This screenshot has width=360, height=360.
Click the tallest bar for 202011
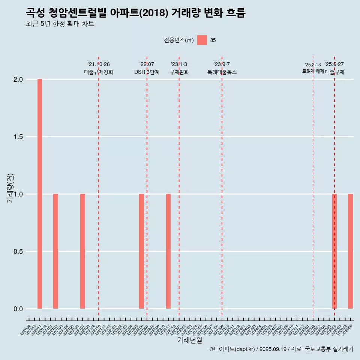point(40,194)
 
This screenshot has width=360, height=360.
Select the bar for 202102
point(55,251)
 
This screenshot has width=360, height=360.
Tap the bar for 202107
point(82,251)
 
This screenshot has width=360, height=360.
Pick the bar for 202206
point(141,251)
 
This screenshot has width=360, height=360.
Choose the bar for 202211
point(168,251)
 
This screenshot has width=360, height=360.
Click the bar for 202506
point(334,251)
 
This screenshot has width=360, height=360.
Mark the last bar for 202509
point(350,251)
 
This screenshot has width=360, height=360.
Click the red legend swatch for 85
point(202,40)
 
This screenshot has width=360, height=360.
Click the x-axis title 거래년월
point(189,340)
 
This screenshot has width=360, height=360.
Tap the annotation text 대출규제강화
point(99,72)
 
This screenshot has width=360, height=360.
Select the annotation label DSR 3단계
point(147,72)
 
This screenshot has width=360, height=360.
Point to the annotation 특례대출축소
point(222,72)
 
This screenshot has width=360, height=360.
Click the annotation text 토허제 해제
point(313,71)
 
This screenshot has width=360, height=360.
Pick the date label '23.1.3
point(179,64)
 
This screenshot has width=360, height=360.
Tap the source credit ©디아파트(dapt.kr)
point(232,349)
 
